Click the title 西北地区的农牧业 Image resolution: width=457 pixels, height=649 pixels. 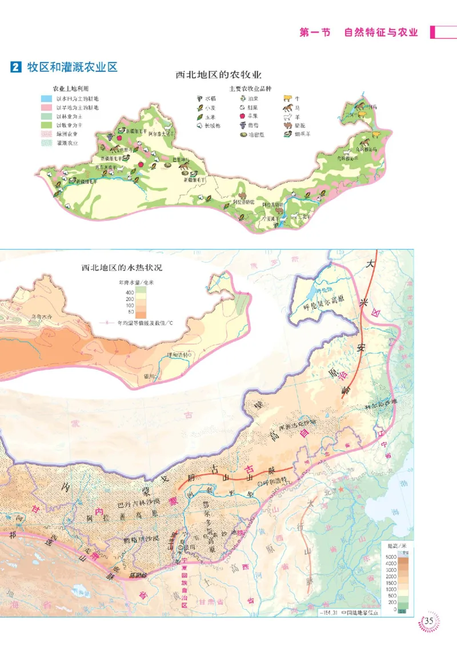218,75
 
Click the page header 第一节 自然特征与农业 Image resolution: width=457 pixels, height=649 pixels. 359,33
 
